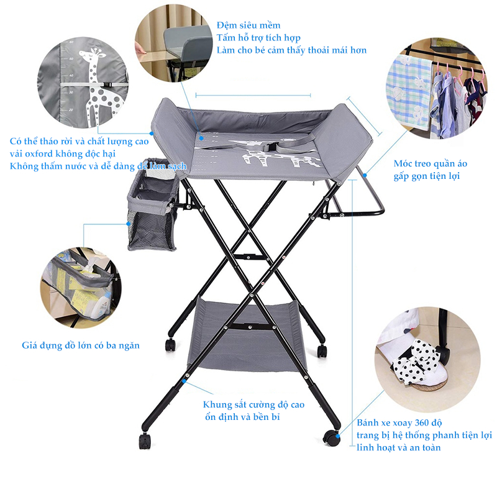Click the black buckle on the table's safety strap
tap(270, 147)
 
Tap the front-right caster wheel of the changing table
tap(332, 437)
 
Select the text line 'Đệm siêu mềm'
tap(248, 25)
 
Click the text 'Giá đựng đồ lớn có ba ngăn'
tap(81, 345)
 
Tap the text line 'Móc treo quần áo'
tap(431, 163)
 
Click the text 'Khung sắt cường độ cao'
tap(253, 405)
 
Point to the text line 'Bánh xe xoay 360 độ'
tap(399, 423)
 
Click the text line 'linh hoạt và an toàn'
tap(399, 447)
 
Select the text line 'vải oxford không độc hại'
tap(63, 154)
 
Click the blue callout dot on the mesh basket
tap(129, 224)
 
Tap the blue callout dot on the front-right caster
tap(338, 437)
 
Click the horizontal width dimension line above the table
tap(253, 95)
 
